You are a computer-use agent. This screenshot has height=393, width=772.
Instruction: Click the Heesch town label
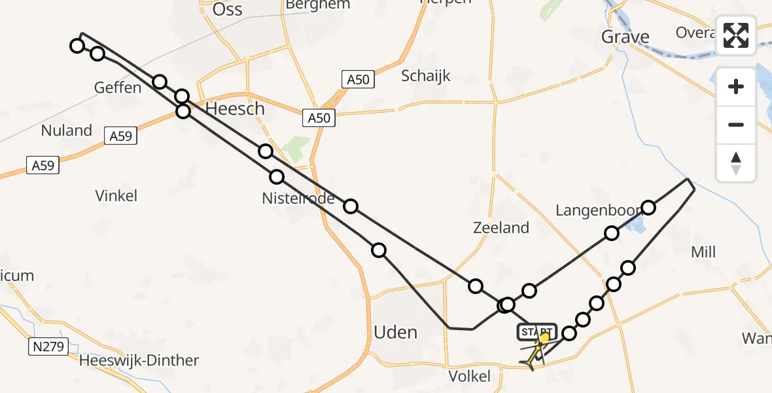pyautogui.click(x=235, y=109)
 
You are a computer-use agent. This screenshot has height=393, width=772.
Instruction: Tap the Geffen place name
pyautogui.click(x=118, y=87)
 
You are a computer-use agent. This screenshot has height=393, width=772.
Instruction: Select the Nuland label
pyautogui.click(x=66, y=130)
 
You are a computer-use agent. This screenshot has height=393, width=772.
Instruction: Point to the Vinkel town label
pyautogui.click(x=116, y=195)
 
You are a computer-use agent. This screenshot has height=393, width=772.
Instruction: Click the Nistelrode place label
pyautogui.click(x=298, y=198)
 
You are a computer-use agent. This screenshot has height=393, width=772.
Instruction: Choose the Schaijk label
pyautogui.click(x=426, y=76)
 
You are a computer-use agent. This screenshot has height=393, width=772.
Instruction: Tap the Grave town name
pyautogui.click(x=625, y=37)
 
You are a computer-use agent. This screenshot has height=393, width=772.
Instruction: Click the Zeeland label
pyautogui.click(x=500, y=227)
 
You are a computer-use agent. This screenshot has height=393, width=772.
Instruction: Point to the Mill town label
pyautogui.click(x=703, y=252)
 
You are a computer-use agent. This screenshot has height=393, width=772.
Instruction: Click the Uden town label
pyautogui.click(x=395, y=332)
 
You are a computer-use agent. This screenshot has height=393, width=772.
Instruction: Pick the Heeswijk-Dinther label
pyautogui.click(x=139, y=360)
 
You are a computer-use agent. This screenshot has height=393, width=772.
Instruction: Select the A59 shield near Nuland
pyautogui.click(x=120, y=136)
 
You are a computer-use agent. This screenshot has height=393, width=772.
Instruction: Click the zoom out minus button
pyautogui.click(x=736, y=124)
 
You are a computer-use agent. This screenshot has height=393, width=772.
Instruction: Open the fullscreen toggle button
pyautogui.click(x=736, y=35)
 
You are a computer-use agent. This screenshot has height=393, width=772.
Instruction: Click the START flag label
pyautogui.click(x=536, y=332)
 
